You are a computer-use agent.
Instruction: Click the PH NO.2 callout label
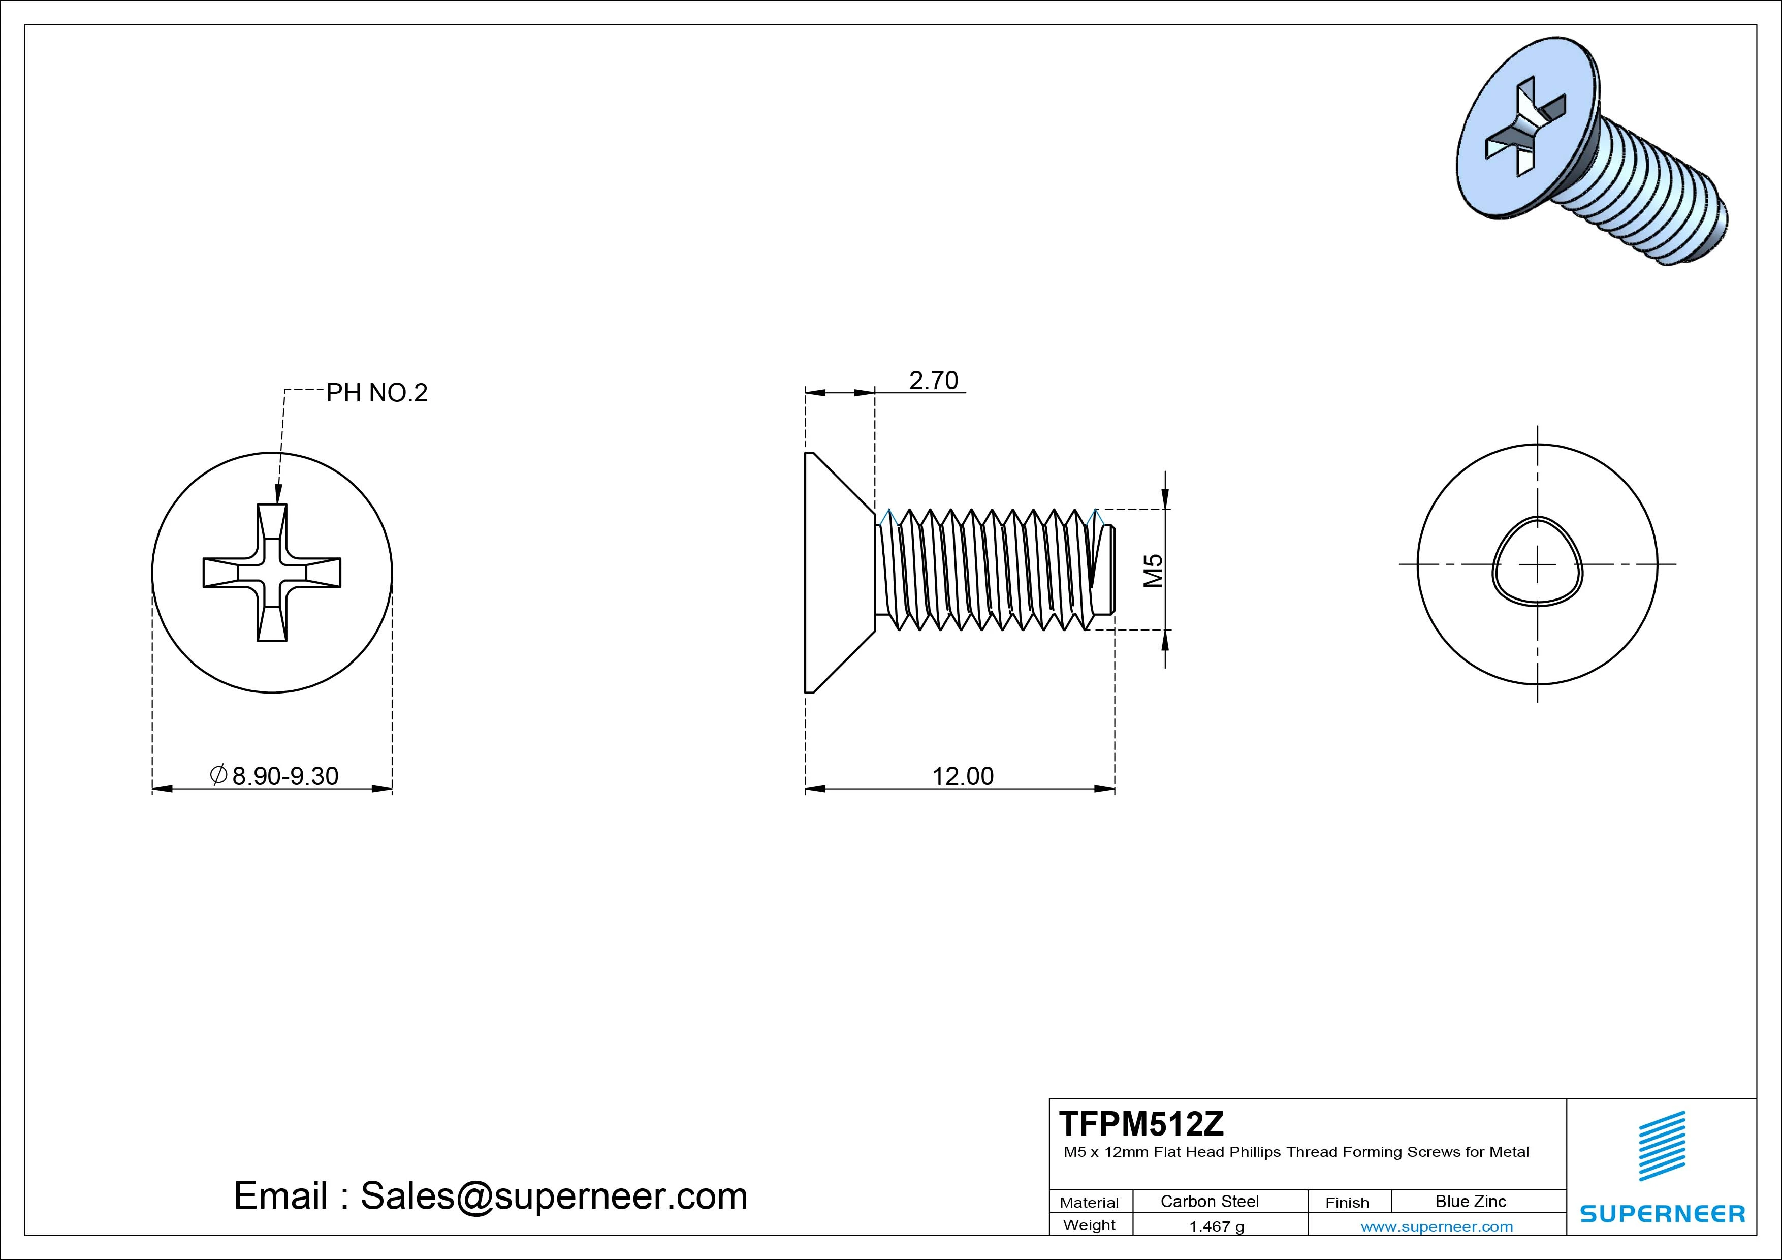pyautogui.click(x=376, y=393)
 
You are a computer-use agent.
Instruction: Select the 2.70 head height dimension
pyautogui.click(x=933, y=381)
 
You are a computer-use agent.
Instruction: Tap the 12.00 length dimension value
pyautogui.click(x=963, y=776)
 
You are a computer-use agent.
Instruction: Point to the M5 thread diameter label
pyautogui.click(x=1153, y=570)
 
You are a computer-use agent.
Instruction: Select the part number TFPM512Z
pyautogui.click(x=1141, y=1123)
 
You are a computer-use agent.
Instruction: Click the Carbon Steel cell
pyautogui.click(x=1209, y=1201)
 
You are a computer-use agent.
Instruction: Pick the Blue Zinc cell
pyautogui.click(x=1470, y=1201)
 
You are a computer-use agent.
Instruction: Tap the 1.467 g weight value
pyautogui.click(x=1216, y=1226)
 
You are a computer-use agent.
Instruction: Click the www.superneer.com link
pyautogui.click(x=1437, y=1226)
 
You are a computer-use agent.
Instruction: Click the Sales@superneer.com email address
pyautogui.click(x=553, y=1195)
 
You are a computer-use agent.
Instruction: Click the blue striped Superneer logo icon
pyautogui.click(x=1662, y=1146)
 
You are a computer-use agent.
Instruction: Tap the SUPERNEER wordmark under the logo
pyautogui.click(x=1662, y=1213)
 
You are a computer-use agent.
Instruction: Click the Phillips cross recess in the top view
pyautogui.click(x=272, y=572)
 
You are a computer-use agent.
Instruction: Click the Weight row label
pyautogui.click(x=1089, y=1225)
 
